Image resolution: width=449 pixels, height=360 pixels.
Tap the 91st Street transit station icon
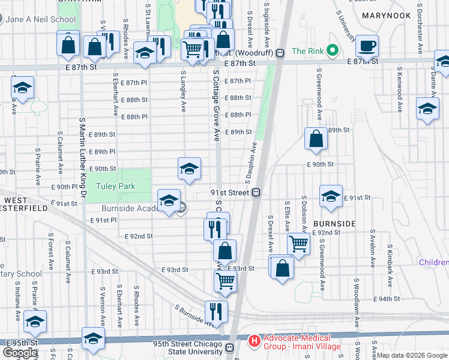click(256, 193)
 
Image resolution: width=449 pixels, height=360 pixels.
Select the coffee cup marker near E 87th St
click(367, 46)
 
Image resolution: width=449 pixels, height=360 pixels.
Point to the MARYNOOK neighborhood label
click(387, 15)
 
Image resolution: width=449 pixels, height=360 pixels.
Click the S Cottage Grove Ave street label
click(215, 104)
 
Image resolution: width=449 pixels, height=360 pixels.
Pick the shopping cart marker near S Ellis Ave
click(298, 244)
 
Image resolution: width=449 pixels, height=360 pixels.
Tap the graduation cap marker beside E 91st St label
click(331, 196)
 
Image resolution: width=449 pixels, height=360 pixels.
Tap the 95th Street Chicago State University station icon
click(229, 347)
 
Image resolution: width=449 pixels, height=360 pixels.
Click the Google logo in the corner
click(20, 353)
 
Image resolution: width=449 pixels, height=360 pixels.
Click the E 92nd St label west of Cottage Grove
click(139, 236)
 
